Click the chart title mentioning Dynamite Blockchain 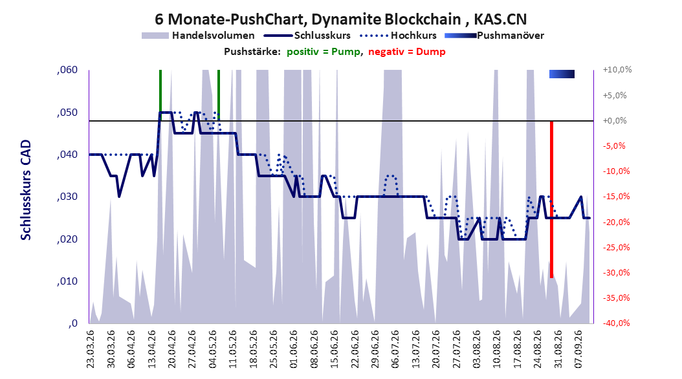tap(340, 19)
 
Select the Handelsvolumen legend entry tap(198, 36)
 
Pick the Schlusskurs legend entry tap(307, 36)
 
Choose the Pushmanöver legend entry tap(494, 36)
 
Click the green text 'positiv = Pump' tap(324, 52)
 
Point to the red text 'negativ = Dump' tap(407, 52)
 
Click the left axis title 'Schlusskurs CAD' tap(26, 190)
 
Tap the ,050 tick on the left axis tap(67, 112)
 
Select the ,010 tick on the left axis tap(67, 281)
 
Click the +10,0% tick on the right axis tap(617, 70)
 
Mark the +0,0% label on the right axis tap(615, 120)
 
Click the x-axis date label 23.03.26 tap(91, 349)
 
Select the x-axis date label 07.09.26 tap(578, 349)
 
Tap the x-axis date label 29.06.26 tap(375, 349)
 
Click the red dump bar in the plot tap(551, 199)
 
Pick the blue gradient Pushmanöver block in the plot tap(562, 74)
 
